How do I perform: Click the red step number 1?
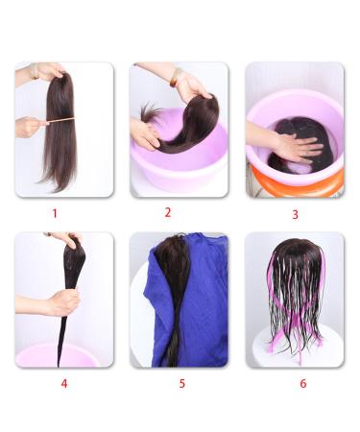click(x=55, y=213)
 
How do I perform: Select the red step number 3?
click(x=295, y=214)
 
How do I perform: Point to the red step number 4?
click(x=63, y=383)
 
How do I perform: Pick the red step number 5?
click(x=180, y=383)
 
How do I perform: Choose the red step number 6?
click(x=302, y=383)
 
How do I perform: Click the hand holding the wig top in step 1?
click(x=48, y=71)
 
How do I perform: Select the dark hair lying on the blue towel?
click(x=174, y=288)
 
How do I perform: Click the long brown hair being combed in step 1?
click(x=60, y=154)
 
